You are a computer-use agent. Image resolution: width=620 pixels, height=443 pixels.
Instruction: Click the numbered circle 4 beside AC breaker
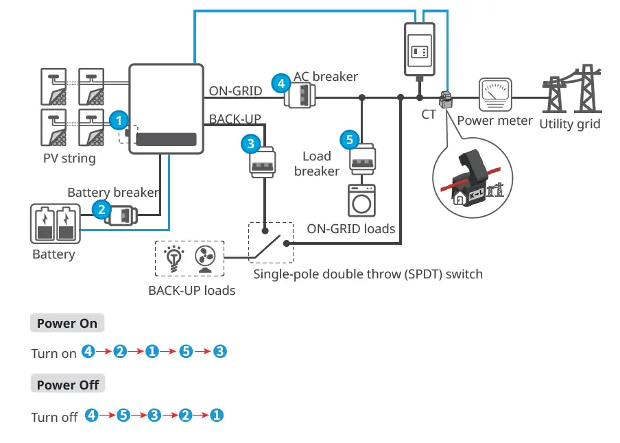(279, 84)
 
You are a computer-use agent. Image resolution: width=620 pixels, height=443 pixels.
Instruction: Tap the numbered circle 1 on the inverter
(119, 120)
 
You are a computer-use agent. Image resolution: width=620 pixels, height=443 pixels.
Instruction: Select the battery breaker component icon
(123, 215)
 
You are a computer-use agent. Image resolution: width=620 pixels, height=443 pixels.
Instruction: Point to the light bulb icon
(174, 259)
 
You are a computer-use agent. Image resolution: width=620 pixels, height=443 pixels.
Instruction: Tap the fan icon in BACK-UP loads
(206, 259)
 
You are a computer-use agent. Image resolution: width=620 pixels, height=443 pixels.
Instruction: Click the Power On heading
(67, 323)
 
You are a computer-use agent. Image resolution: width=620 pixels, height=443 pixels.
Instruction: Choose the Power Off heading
(68, 385)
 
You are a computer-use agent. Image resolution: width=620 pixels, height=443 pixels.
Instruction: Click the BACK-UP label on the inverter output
(235, 119)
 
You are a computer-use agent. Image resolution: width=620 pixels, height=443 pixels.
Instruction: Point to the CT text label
(429, 115)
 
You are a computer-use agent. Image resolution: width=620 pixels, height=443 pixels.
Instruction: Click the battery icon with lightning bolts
(54, 223)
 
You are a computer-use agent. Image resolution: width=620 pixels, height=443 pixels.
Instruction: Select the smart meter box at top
(419, 48)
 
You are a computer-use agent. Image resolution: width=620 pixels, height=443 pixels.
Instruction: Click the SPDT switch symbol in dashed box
(270, 242)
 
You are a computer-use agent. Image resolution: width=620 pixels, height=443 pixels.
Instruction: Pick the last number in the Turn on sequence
(219, 352)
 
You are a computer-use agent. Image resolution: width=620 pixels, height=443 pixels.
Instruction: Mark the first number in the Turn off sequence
(88, 415)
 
